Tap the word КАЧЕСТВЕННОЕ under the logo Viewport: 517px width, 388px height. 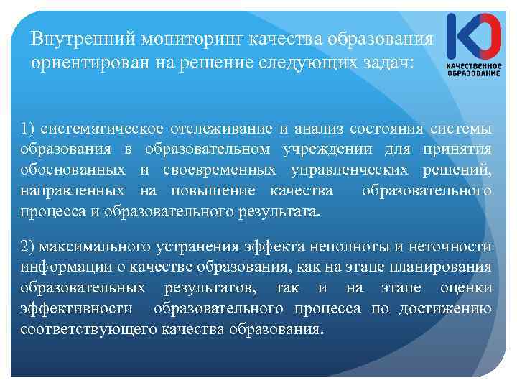473,66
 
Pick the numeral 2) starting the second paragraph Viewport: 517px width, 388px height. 28,247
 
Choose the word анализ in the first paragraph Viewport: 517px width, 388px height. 317,129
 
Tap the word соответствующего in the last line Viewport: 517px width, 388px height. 89,331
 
